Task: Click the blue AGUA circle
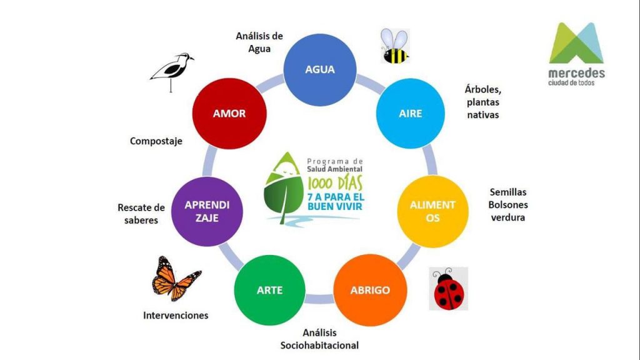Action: tap(320, 69)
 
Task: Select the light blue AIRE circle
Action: tap(411, 114)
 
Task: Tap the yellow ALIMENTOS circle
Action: tap(432, 211)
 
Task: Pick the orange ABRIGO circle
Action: tap(370, 290)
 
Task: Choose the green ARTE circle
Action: tap(269, 290)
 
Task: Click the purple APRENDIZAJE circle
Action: tap(206, 211)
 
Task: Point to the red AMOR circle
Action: tap(229, 114)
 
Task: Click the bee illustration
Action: tap(395, 47)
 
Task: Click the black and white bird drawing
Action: tap(172, 70)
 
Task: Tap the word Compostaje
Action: tap(156, 141)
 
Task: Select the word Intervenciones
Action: tap(176, 315)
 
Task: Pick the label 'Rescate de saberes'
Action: tap(141, 214)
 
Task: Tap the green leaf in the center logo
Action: tap(284, 194)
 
